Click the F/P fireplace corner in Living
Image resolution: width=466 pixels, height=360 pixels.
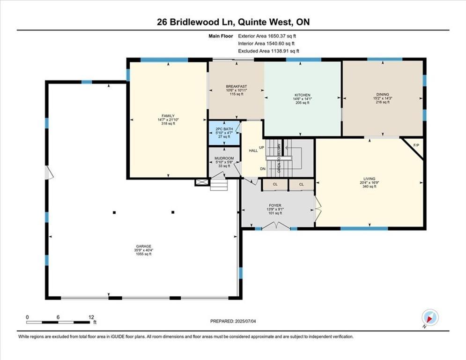click(415, 145)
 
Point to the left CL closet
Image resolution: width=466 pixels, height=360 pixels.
click(275, 185)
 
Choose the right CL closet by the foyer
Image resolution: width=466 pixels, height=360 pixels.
click(301, 185)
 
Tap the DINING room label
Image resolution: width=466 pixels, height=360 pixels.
click(382, 94)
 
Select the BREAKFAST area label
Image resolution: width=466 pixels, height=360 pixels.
click(236, 86)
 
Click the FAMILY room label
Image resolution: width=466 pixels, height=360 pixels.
click(168, 116)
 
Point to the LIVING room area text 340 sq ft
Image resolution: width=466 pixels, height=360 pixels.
click(369, 187)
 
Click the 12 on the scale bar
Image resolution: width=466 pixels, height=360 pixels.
click(91, 316)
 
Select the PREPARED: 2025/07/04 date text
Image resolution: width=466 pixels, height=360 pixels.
click(233, 321)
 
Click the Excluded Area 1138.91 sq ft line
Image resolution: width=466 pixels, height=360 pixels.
click(268, 51)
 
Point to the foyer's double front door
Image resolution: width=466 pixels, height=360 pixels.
click(276, 226)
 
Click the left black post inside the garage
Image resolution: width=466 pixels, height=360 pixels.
click(114, 212)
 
